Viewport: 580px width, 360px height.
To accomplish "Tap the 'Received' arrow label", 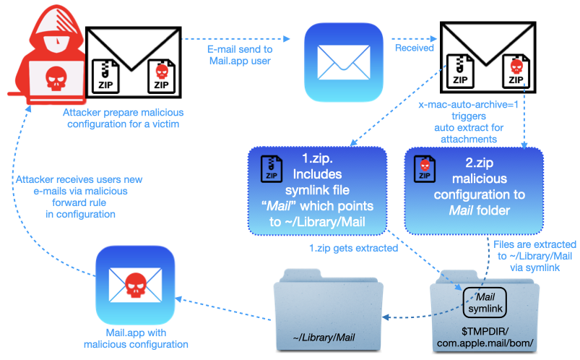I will point(414,48).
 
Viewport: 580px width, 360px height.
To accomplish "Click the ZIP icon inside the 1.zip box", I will point(268,167).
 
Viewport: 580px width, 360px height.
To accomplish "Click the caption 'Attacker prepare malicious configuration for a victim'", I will point(122,118).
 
